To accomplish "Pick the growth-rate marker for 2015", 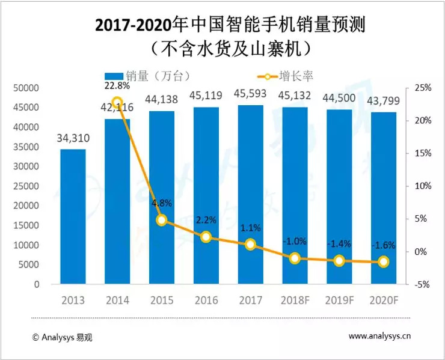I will tap(162, 220).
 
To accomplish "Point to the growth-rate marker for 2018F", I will tap(295, 258).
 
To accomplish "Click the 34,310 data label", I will tap(73, 139).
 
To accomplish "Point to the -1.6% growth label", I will tap(383, 245).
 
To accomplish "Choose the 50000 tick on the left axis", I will tap(26, 88).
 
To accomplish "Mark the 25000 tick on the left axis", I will tap(26, 186).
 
